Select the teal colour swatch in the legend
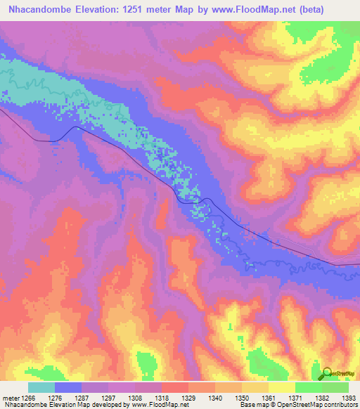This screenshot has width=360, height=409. click(41, 387)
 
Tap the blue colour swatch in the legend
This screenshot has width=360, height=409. click(68, 387)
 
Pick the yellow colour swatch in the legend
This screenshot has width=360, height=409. click(282, 387)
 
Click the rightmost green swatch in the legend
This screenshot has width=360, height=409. click(335, 387)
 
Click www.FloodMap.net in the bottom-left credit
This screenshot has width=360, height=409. click(150, 405)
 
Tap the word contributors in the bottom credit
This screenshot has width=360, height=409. click(340, 405)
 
